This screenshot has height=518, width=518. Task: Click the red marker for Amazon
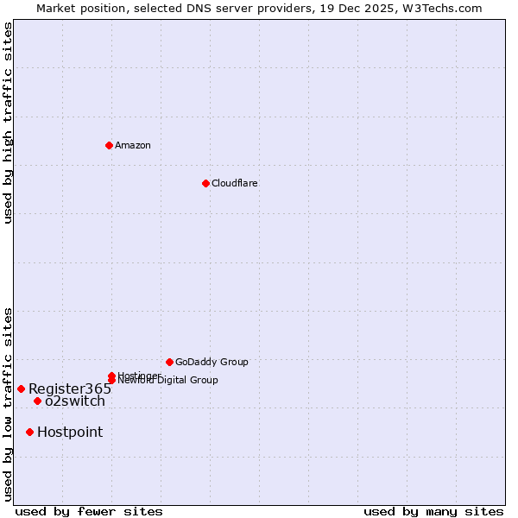tap(109, 145)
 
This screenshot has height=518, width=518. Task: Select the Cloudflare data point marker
tap(205, 183)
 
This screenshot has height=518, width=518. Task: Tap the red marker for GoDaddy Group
tap(169, 362)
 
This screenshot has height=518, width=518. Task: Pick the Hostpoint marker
tap(29, 432)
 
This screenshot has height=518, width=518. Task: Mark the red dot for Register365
tap(21, 388)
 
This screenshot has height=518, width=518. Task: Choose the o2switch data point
tap(37, 401)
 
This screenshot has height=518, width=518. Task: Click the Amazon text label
tap(132, 145)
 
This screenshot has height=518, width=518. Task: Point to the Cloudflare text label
tap(234, 183)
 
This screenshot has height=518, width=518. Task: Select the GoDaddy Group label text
tap(212, 362)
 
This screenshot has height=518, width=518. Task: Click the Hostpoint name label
tap(69, 432)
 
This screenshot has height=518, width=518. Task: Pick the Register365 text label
tap(69, 388)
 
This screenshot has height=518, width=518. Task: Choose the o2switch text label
tap(74, 401)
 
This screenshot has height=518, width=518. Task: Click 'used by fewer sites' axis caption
tap(89, 511)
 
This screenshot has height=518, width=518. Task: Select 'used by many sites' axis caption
tap(433, 511)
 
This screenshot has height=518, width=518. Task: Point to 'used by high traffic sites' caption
tap(8, 123)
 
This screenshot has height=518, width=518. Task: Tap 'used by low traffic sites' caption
tap(8, 403)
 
